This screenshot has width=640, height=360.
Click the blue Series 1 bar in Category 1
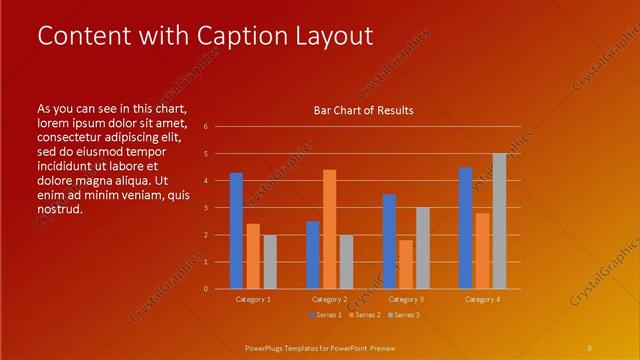pos(236,231)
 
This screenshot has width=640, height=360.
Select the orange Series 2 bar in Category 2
pos(329,229)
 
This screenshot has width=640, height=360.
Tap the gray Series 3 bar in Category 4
pos(499,221)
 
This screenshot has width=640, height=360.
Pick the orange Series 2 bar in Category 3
pos(406,264)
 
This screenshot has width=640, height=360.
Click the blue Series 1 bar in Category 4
pos(465,228)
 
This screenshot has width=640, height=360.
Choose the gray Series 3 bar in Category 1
pos(270,262)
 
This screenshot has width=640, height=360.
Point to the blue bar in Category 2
pos(312,255)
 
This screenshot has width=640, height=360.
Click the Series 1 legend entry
pos(328,315)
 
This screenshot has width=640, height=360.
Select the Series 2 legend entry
pos(366,315)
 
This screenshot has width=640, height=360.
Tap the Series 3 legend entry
pos(404,315)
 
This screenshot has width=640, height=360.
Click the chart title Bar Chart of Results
pos(364,110)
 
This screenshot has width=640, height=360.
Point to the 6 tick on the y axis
pos(204,127)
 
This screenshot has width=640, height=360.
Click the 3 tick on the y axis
pos(204,208)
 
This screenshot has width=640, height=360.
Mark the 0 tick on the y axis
pos(204,289)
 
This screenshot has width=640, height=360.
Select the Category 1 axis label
pos(253,299)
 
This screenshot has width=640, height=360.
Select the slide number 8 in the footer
pos(590,347)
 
